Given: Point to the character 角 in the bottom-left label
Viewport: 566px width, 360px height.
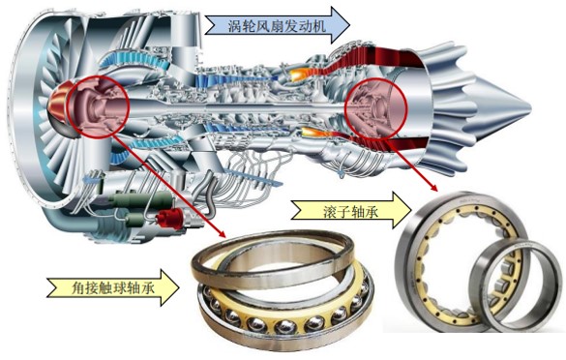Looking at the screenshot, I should click(x=60, y=287).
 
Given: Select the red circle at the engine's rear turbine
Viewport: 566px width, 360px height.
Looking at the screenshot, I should click(x=372, y=108).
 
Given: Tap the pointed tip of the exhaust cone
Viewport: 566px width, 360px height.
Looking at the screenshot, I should click(x=549, y=100).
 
